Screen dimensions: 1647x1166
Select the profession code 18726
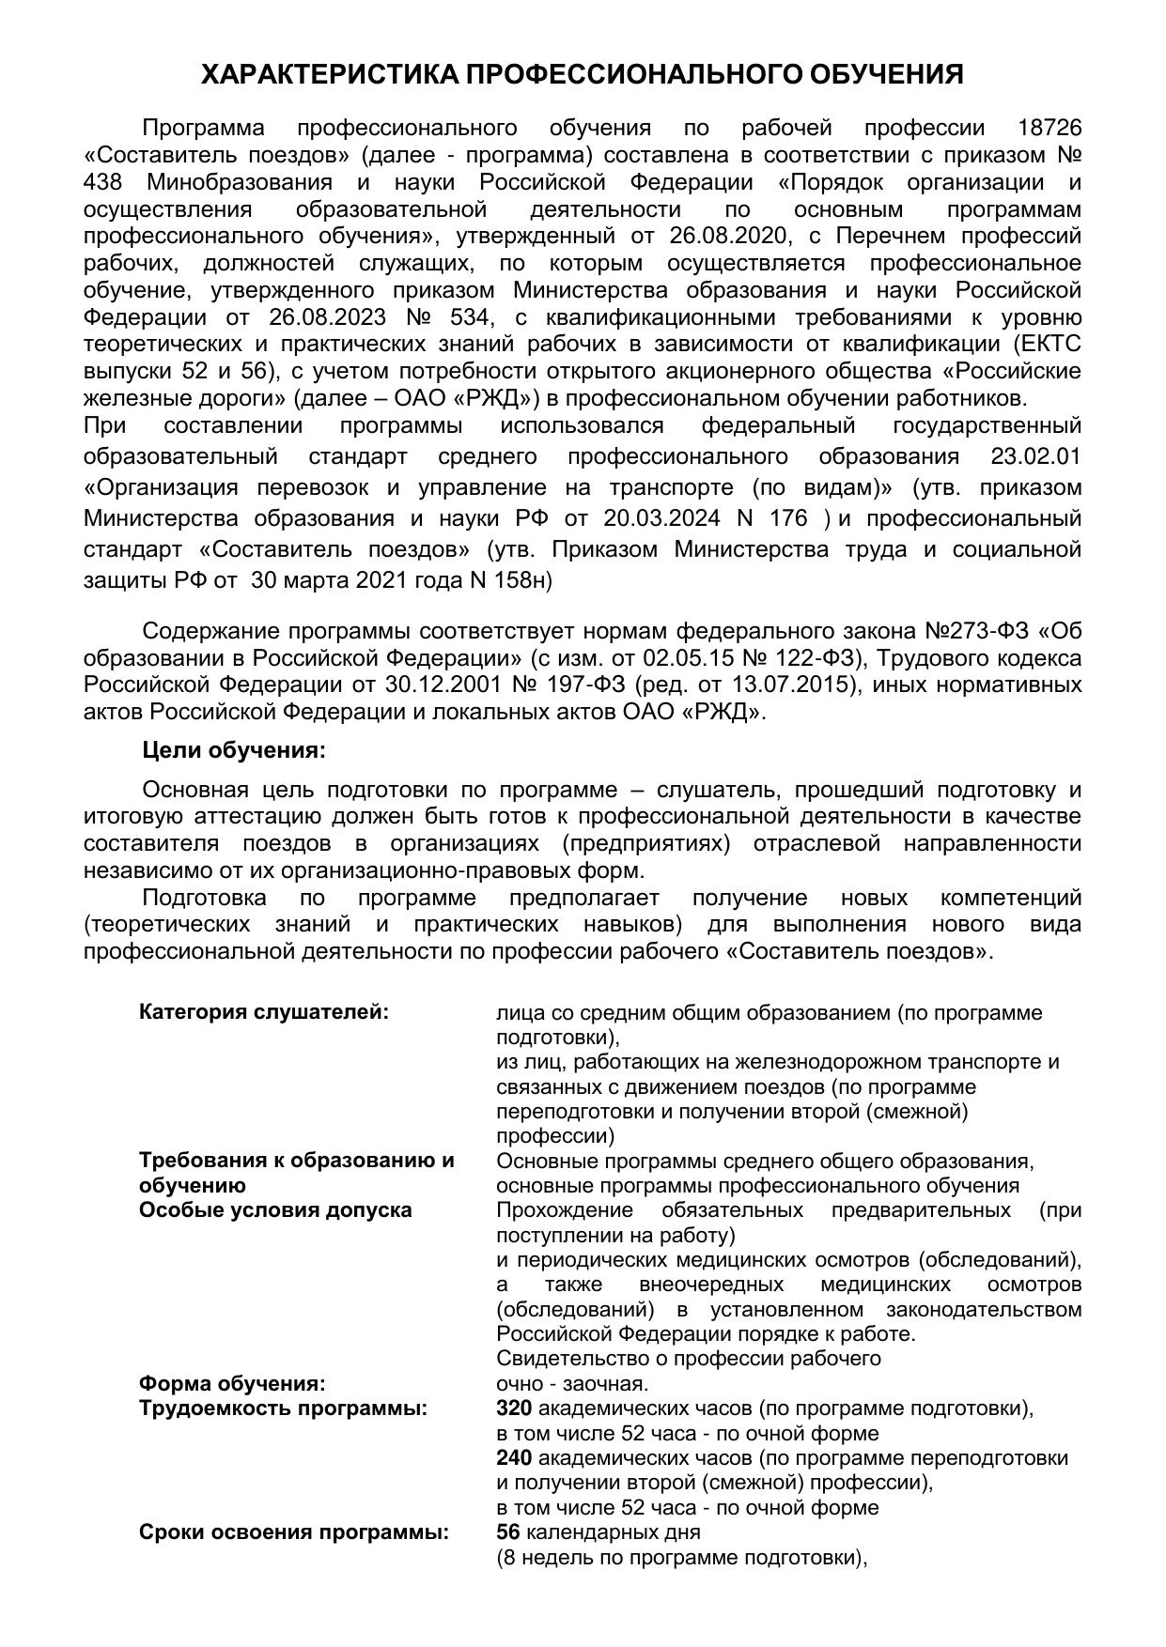pos(1049,128)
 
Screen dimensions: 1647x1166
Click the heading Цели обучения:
pos(234,751)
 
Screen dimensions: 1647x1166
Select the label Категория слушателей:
pos(263,1012)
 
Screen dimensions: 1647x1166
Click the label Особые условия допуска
pos(275,1209)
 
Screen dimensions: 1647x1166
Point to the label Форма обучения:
pos(232,1384)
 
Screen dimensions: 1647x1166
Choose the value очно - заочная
pos(572,1384)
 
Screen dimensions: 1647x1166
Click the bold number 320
pos(514,1408)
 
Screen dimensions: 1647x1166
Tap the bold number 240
pos(514,1457)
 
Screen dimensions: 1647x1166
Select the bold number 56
pos(508,1532)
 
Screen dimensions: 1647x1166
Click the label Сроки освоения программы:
pos(294,1532)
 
